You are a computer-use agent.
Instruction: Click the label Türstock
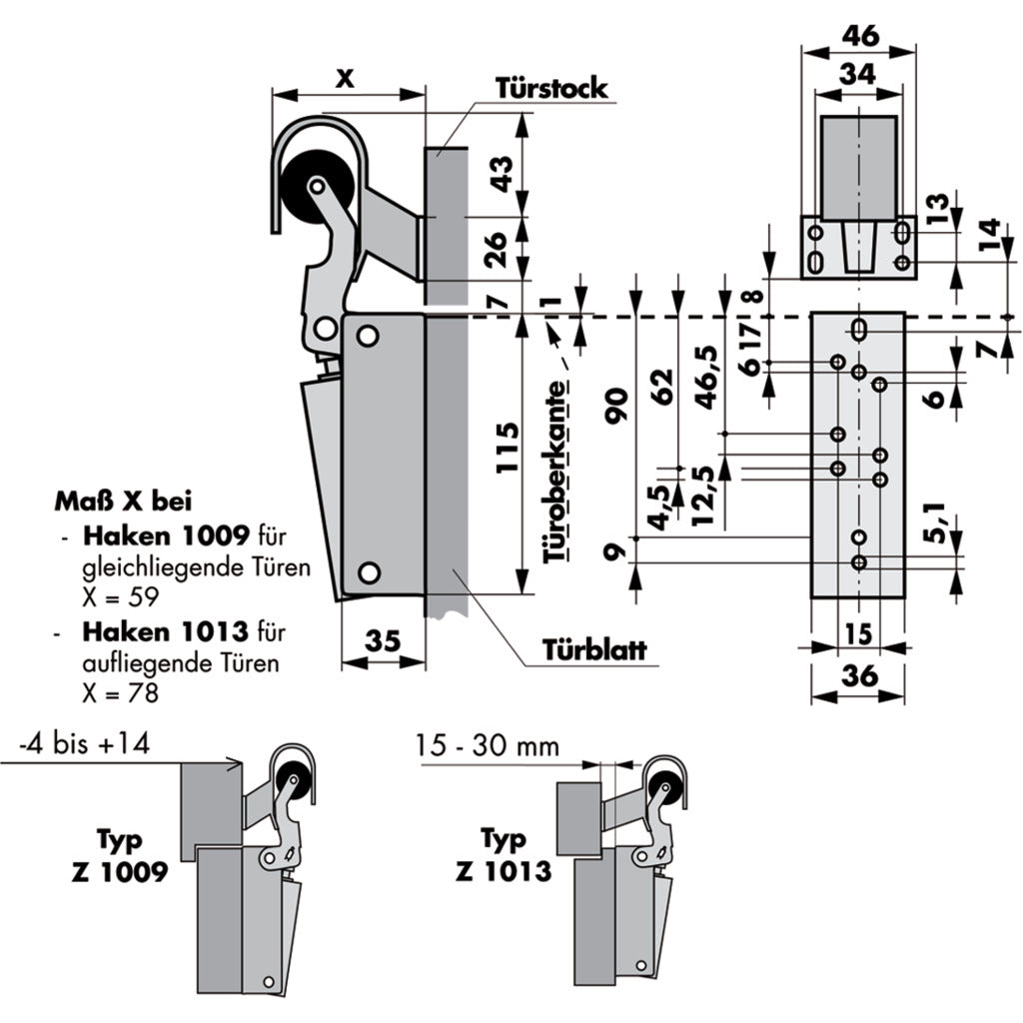[550, 88]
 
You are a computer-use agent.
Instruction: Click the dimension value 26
[505, 248]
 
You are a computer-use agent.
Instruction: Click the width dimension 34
[860, 74]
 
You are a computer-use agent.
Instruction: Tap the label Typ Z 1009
[124, 855]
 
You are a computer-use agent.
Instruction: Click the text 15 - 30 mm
[489, 745]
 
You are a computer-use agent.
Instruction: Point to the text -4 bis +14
[83, 745]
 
